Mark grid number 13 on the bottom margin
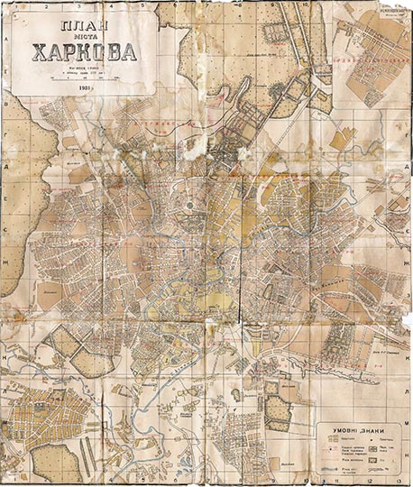397,482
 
